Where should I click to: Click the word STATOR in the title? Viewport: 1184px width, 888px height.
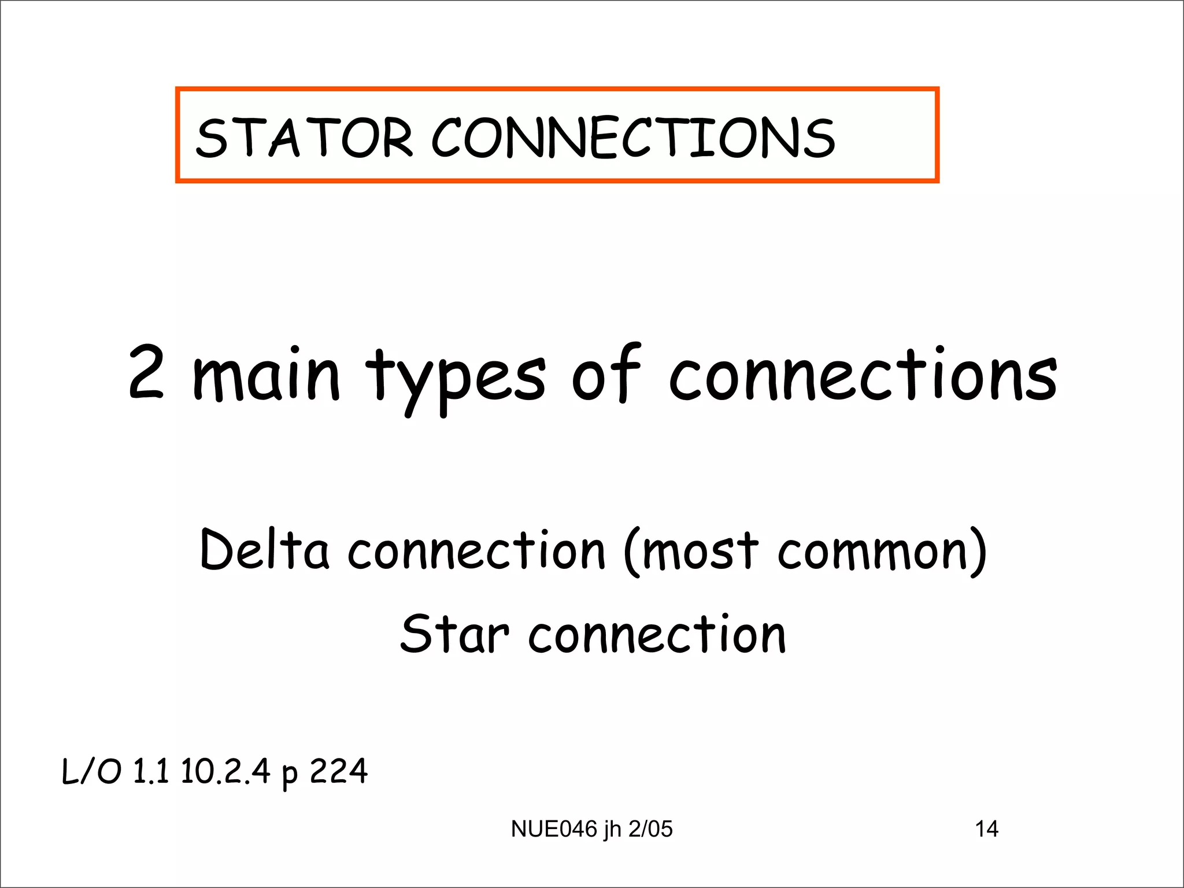click(305, 138)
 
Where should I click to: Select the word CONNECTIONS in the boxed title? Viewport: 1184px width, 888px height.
click(634, 138)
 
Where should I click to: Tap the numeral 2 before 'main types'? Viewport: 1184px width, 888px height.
click(146, 372)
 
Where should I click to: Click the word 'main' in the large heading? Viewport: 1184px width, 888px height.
click(267, 376)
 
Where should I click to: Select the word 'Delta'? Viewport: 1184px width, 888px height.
click(264, 549)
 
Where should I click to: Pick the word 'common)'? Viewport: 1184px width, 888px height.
click(882, 552)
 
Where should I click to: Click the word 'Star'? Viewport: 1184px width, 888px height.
click(455, 634)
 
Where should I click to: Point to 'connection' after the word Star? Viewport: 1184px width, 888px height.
click(657, 635)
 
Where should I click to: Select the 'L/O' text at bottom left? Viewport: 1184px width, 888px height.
click(92, 771)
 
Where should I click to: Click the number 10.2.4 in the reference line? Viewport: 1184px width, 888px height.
click(225, 771)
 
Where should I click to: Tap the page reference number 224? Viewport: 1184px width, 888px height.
click(339, 771)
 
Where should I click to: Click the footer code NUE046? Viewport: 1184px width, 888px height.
click(554, 829)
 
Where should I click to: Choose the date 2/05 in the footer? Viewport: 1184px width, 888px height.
click(650, 829)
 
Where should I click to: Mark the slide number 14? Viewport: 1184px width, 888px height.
click(986, 829)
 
